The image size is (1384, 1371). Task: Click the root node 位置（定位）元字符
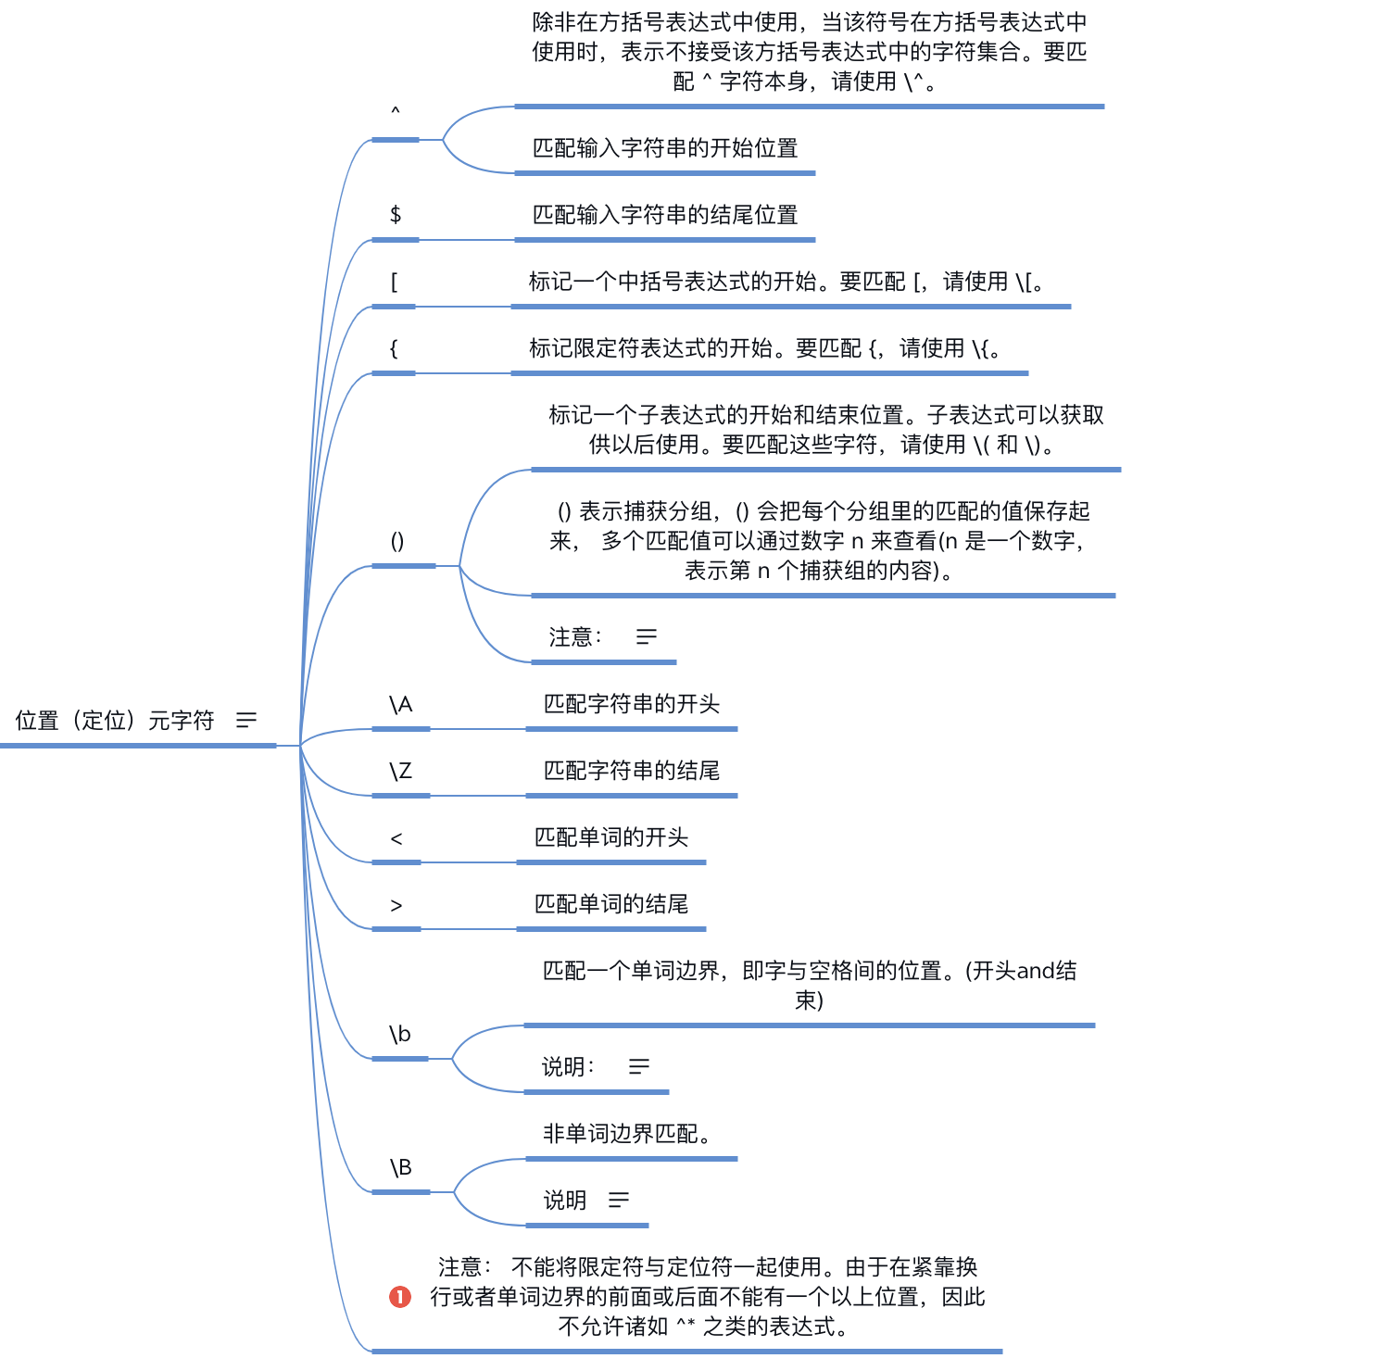115,720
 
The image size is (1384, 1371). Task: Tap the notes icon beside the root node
245,720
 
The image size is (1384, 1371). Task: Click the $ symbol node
396,215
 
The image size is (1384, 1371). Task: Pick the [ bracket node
395,282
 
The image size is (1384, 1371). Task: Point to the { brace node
394,348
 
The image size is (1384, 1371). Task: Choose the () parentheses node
397,541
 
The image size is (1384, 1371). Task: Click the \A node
400,705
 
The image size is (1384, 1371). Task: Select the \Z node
400,771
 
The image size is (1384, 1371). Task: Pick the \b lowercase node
399,1034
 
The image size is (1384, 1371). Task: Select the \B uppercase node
400,1167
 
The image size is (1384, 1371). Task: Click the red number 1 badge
400,1297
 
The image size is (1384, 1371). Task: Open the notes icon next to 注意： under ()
647,636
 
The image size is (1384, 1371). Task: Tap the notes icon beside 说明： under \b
639,1066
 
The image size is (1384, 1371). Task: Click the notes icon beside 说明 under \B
619,1200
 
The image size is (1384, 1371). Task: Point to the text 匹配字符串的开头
632,704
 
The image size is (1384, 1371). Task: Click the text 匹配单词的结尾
611,904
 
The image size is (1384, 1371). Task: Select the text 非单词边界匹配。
626,1133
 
